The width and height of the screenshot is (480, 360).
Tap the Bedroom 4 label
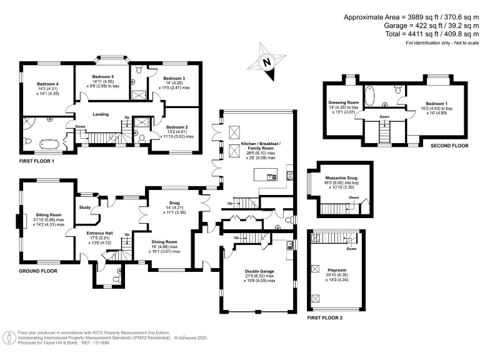(x=47, y=84)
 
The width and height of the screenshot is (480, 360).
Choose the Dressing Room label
(x=344, y=102)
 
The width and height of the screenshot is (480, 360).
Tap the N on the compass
(x=267, y=62)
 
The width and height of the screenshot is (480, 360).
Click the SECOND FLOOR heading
(x=449, y=146)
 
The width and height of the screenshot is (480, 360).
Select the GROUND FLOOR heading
(x=37, y=271)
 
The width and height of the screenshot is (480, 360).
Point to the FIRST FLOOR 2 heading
(x=325, y=318)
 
